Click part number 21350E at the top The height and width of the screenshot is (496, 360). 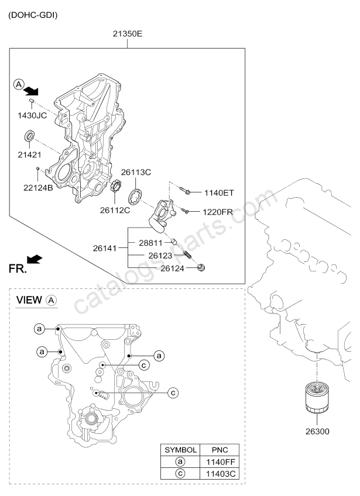coord(128,33)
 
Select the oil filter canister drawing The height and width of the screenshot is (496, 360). coord(317,397)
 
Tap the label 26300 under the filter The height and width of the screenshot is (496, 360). coord(317,431)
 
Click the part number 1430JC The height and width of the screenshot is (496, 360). coord(32,115)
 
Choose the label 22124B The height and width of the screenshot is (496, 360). coord(38,188)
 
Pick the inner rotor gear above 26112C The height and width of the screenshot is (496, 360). coord(115,185)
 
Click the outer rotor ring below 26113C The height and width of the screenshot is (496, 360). coord(135,197)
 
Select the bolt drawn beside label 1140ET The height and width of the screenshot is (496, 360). coord(185,191)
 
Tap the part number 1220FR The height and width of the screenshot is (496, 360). coord(218,212)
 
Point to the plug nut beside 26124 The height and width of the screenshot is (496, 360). coord(201,268)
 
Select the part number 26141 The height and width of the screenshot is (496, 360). coord(105,249)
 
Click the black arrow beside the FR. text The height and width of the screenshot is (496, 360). coord(35,259)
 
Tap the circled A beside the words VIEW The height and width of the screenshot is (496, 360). coord(52,300)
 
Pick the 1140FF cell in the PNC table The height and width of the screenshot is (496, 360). coord(220,462)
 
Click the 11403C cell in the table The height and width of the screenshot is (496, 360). coord(220,474)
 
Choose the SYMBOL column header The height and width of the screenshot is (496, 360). coord(180,450)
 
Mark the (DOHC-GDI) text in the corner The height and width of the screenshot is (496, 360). coord(33,15)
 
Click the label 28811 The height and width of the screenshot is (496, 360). coord(150,243)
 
